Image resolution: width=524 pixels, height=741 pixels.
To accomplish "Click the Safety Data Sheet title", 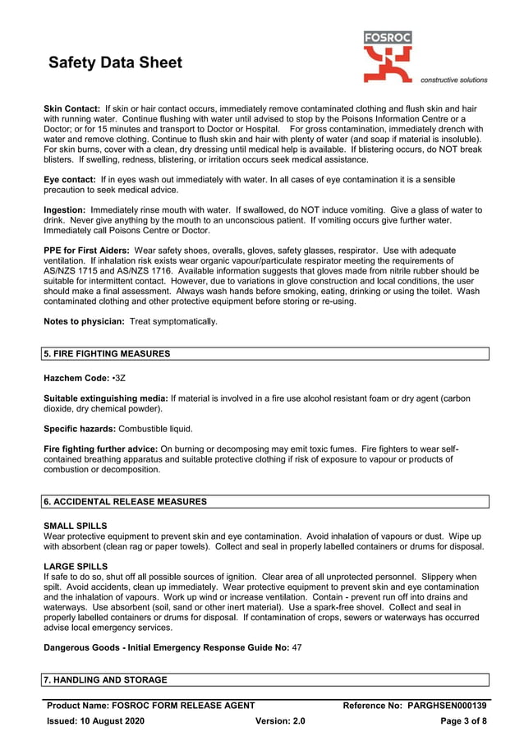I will click(115, 63).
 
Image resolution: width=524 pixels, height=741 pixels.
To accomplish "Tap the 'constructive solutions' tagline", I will click(453, 80).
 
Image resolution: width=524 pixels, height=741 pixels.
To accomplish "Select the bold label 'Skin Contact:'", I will click(71, 108).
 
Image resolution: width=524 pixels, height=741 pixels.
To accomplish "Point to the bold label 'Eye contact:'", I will click(69, 179).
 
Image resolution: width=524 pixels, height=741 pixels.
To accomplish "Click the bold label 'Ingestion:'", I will click(65, 210).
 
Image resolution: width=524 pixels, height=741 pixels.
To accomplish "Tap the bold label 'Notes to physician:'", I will click(84, 321).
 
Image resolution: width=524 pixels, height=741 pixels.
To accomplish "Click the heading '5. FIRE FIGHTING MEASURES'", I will click(107, 354).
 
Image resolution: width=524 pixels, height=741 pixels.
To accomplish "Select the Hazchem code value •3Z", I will click(119, 378).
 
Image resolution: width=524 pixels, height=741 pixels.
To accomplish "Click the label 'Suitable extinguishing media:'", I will click(105, 398).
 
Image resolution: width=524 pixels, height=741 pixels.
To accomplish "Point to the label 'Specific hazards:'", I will click(80, 429).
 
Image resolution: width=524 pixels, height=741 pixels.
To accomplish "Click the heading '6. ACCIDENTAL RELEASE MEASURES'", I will click(125, 501).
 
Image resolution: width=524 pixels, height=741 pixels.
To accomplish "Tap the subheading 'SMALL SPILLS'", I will click(75, 526).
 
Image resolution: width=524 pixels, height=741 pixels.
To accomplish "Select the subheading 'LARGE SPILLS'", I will click(75, 566).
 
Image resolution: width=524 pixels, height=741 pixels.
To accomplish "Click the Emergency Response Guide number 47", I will click(296, 647).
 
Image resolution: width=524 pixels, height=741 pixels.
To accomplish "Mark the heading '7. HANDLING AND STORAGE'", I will click(105, 680).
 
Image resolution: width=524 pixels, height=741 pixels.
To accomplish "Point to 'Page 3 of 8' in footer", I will click(464, 720).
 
